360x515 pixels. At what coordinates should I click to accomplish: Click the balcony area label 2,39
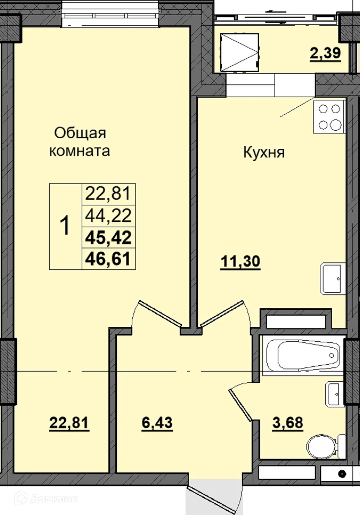pyautogui.click(x=325, y=53)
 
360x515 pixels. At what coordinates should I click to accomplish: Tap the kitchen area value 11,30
pyautogui.click(x=241, y=262)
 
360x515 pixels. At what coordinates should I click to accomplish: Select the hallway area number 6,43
pyautogui.click(x=157, y=423)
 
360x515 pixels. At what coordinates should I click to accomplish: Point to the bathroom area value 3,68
pyautogui.click(x=288, y=423)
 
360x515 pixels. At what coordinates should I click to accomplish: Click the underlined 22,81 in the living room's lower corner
pyautogui.click(x=69, y=423)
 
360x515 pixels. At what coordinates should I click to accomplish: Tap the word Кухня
pyautogui.click(x=264, y=153)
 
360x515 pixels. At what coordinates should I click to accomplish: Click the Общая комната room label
pyautogui.click(x=80, y=142)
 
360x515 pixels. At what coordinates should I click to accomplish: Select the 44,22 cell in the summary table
pyautogui.click(x=108, y=216)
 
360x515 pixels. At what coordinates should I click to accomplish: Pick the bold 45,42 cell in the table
pyautogui.click(x=108, y=238)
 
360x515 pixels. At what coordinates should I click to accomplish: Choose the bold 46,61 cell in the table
pyautogui.click(x=108, y=259)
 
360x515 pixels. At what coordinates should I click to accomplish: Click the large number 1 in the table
pyautogui.click(x=65, y=226)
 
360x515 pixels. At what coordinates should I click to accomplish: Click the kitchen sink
pyautogui.click(x=333, y=278)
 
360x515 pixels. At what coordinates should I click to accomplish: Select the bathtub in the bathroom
pyautogui.click(x=303, y=355)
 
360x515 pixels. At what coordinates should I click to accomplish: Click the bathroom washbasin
pyautogui.click(x=335, y=394)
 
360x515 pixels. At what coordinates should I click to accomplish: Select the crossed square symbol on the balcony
pyautogui.click(x=240, y=52)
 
